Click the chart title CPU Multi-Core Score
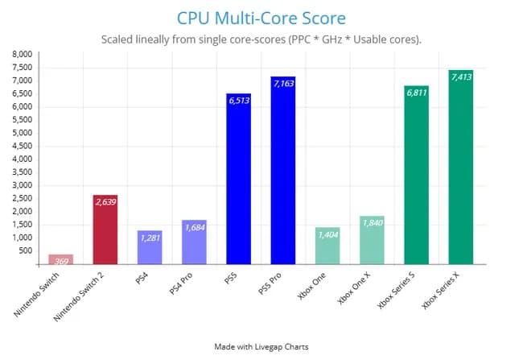click(x=261, y=17)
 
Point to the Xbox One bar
click(x=327, y=246)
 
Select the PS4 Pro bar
click(x=194, y=242)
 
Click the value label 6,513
click(x=239, y=101)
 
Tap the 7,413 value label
click(x=461, y=77)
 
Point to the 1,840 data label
click(x=372, y=223)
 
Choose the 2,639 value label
click(x=105, y=202)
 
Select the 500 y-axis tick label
click(x=27, y=250)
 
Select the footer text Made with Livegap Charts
click(x=261, y=346)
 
